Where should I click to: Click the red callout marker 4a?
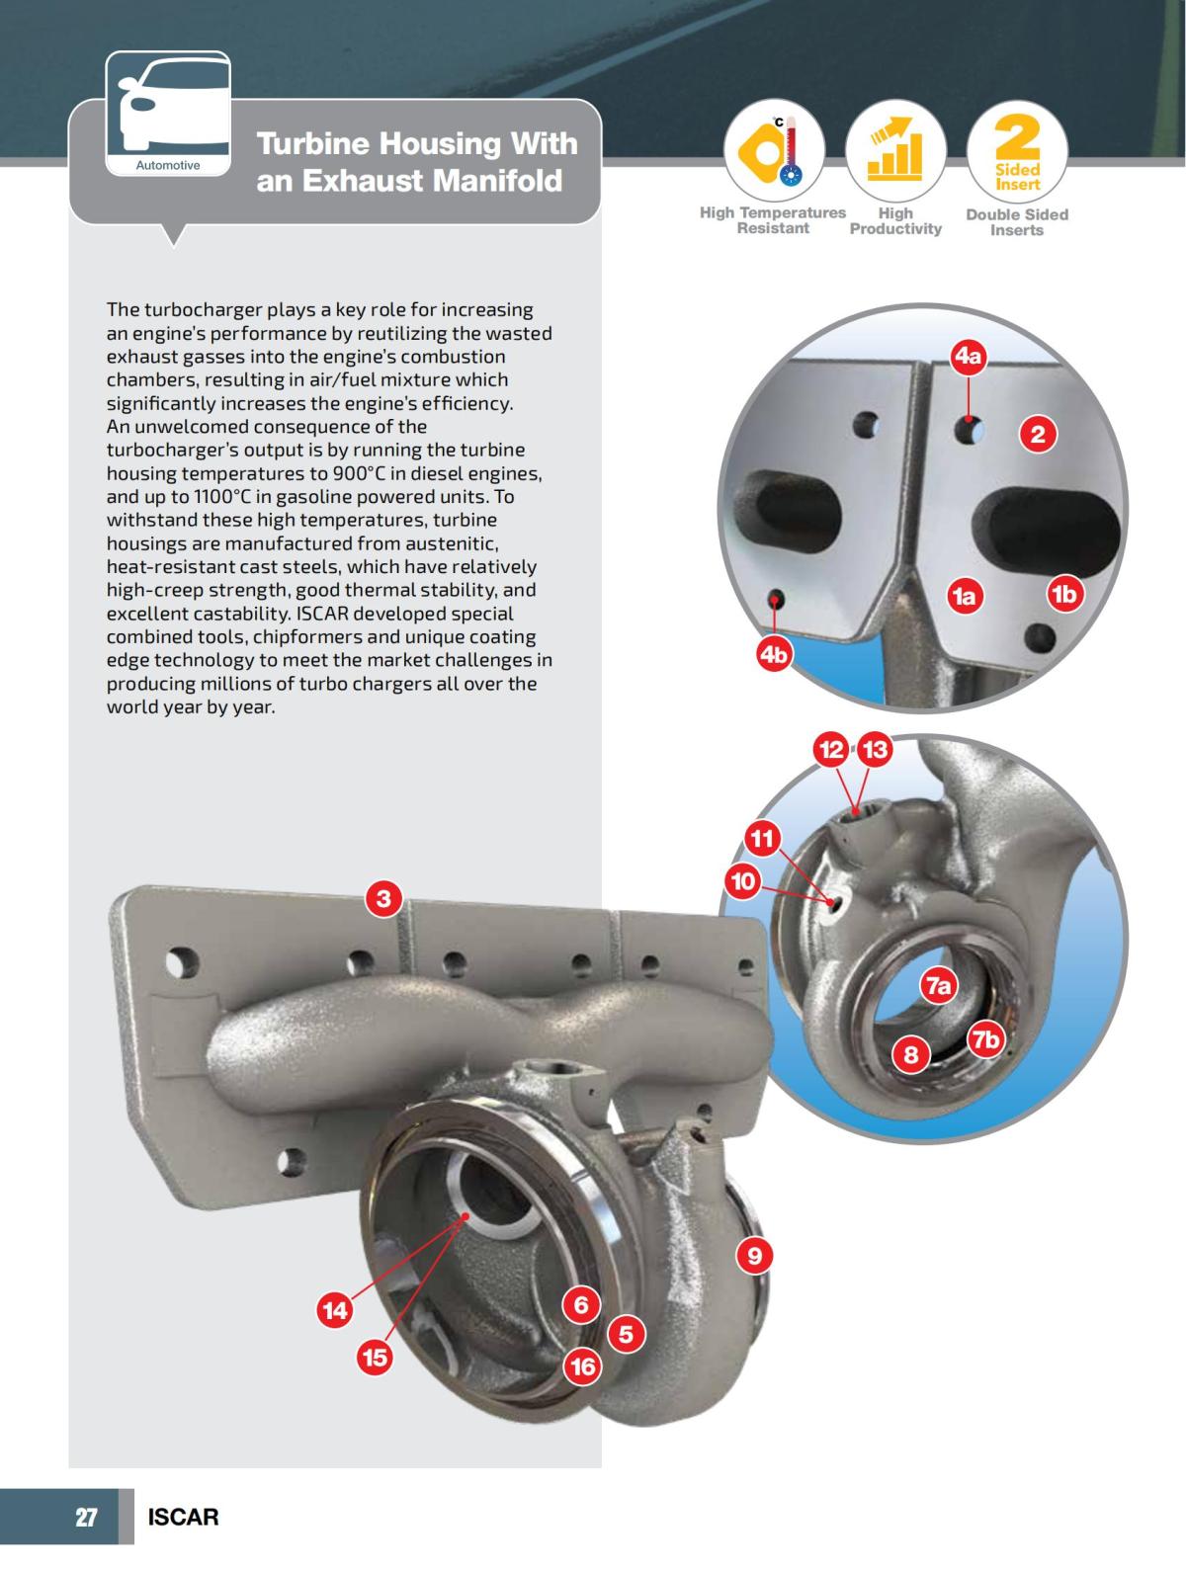tap(969, 357)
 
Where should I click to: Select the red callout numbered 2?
tap(1037, 434)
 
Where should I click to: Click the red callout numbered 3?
tap(383, 898)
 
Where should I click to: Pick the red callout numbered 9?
tap(754, 1256)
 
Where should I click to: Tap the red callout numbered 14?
tap(335, 1310)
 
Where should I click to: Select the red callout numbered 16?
tap(582, 1366)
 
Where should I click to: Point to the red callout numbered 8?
tap(910, 1055)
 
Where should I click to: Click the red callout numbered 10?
tap(742, 880)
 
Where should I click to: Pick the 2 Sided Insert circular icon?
tap(1017, 151)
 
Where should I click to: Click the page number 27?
tap(87, 1517)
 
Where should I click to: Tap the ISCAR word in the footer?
tap(183, 1517)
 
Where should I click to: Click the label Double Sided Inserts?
tap(1017, 222)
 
